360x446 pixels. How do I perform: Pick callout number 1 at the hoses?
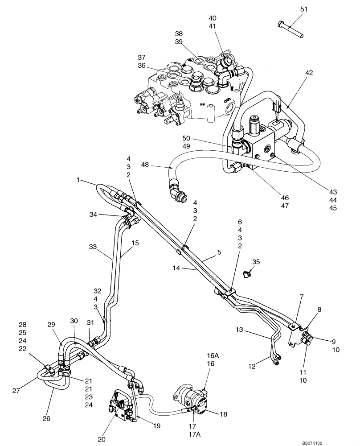[x=79, y=180]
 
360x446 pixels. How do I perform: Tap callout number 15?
[x=135, y=243]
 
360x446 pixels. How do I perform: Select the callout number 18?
[x=223, y=414]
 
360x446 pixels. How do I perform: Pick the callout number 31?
[x=90, y=323]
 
